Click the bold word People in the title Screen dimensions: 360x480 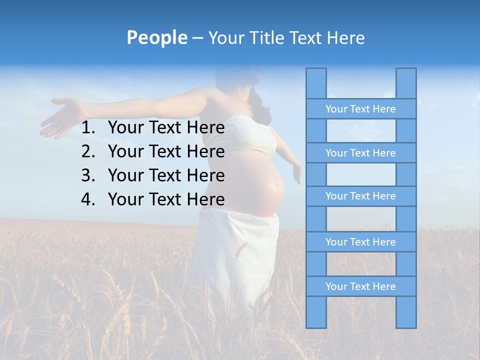click(156, 38)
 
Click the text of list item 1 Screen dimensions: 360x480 click(166, 128)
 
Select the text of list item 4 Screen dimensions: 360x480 click(166, 199)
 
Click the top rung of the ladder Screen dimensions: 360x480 click(360, 109)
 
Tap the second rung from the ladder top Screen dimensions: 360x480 click(360, 153)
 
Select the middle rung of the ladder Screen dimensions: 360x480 click(360, 196)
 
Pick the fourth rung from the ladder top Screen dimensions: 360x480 click(360, 242)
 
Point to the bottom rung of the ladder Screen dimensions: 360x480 click(360, 286)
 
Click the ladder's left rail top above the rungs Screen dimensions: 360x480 click(316, 83)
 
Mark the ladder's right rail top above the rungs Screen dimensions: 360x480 click(406, 83)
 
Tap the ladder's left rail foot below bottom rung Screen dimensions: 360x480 click(316, 312)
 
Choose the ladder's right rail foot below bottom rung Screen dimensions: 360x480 click(406, 312)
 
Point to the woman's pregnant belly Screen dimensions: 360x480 click(267, 187)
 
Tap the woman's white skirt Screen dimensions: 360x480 click(235, 255)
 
